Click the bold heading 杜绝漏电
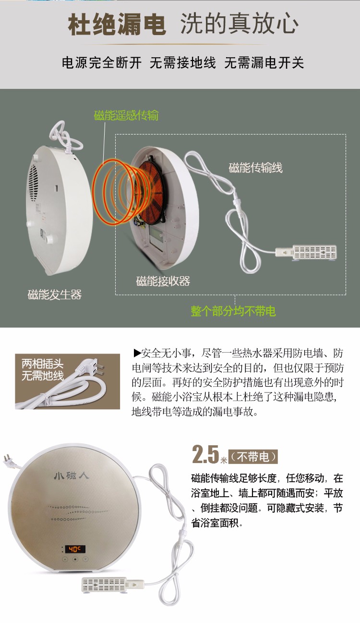coord(117,25)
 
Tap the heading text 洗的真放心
coord(240,24)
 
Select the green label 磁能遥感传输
coord(126,115)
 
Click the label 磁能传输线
coord(255,168)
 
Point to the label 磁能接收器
coord(163,281)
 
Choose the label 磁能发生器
coord(55,294)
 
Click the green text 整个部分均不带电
coord(233,311)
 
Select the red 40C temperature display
coord(75,549)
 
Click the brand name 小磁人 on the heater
coord(72,476)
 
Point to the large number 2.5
coord(205,455)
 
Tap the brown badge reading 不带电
coord(253,457)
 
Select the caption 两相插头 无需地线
coord(43,370)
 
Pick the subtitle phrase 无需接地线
coord(183,62)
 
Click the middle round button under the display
coord(75,559)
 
